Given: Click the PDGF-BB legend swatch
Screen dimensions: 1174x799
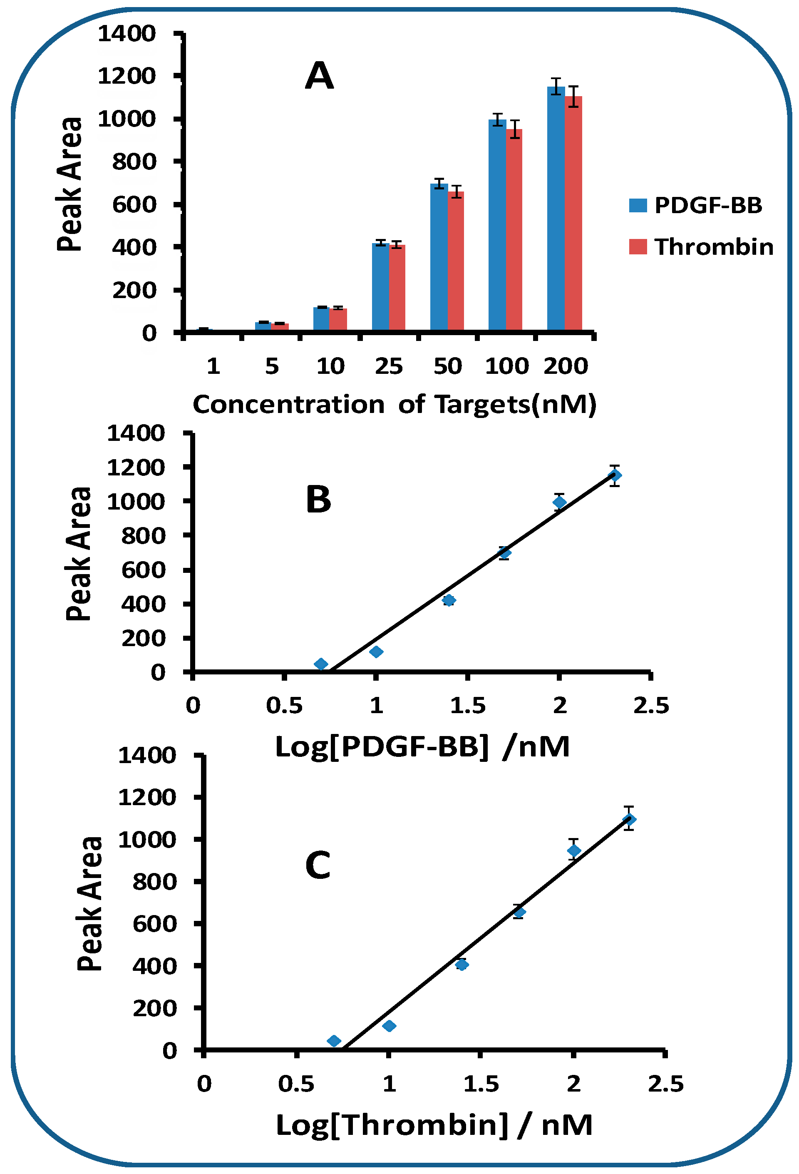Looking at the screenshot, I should pyautogui.click(x=638, y=205).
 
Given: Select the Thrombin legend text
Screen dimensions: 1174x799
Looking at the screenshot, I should pyautogui.click(x=713, y=247).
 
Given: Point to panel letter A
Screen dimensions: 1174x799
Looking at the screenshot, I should pyautogui.click(x=319, y=76).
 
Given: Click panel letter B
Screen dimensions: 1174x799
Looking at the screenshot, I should pyautogui.click(x=318, y=500).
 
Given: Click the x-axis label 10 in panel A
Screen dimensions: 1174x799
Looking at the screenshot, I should pyautogui.click(x=330, y=366).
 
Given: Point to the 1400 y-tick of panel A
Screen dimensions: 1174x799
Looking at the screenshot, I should pyautogui.click(x=126, y=34).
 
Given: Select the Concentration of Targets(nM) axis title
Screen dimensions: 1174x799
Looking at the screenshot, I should pyautogui.click(x=395, y=405).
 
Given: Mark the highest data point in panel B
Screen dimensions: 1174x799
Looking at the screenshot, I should pyautogui.click(x=614, y=475).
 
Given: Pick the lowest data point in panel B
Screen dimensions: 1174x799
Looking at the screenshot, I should pyautogui.click(x=321, y=664).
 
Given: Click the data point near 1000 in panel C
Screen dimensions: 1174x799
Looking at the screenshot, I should pyautogui.click(x=573, y=851).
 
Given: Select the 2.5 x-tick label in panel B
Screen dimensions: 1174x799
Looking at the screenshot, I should pyautogui.click(x=650, y=706).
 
